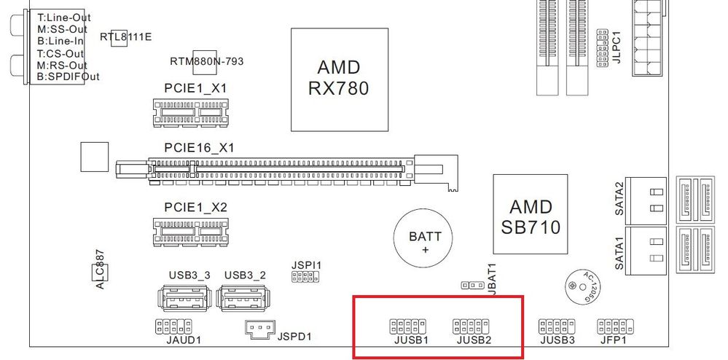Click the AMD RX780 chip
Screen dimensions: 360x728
[x=338, y=78]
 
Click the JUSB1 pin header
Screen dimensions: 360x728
[x=408, y=324]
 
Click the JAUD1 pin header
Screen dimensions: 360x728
[x=173, y=326]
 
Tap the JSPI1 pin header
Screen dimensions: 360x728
[x=306, y=277]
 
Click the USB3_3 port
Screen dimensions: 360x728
[x=182, y=300]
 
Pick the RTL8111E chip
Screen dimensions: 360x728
[x=119, y=39]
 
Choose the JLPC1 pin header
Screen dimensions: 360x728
[x=602, y=50]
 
